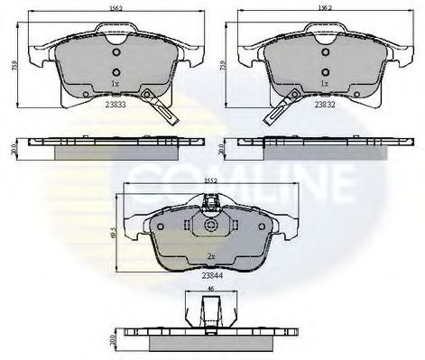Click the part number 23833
pos(115,104)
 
